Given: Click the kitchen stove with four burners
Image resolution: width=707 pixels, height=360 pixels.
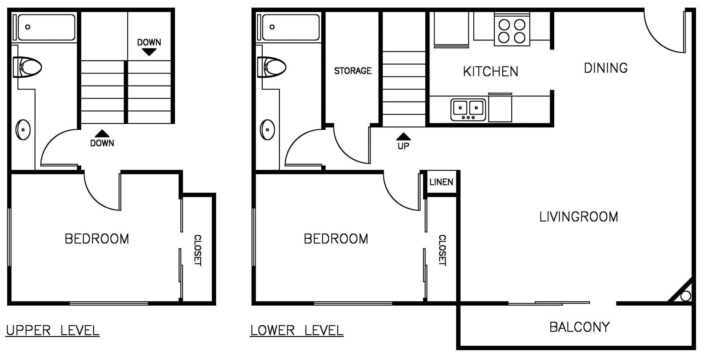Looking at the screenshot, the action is point(512,29).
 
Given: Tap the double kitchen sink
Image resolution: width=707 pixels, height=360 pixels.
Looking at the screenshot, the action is point(468,110).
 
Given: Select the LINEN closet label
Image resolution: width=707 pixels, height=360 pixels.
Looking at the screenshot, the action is point(441,182).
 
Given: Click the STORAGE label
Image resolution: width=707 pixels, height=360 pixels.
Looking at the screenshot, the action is point(353,71).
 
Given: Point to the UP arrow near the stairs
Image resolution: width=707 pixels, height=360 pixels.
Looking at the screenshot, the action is point(403,136).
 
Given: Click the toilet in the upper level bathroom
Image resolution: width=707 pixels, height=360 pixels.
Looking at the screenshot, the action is point(27,67).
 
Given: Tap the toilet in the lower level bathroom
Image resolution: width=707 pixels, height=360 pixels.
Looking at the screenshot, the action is point(271,67).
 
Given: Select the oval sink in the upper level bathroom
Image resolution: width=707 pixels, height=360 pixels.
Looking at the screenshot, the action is point(23,130).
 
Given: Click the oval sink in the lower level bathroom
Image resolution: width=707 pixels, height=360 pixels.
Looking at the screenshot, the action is point(267,130).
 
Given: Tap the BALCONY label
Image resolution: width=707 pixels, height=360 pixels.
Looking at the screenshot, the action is point(580,327).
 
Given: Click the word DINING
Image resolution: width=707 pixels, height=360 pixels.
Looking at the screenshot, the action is point(606,68).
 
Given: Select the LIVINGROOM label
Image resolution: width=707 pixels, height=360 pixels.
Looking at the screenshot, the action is point(579,217).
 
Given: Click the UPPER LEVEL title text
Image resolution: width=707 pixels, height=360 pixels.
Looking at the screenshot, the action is point(53,331).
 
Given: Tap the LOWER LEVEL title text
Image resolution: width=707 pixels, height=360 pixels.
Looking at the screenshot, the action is point(297,331).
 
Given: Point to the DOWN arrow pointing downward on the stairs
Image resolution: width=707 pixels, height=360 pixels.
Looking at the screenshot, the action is point(149,52).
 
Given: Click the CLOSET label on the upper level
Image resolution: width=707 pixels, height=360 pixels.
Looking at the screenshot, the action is point(198,250).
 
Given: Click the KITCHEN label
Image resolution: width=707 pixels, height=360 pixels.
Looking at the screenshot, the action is point(491,72).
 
